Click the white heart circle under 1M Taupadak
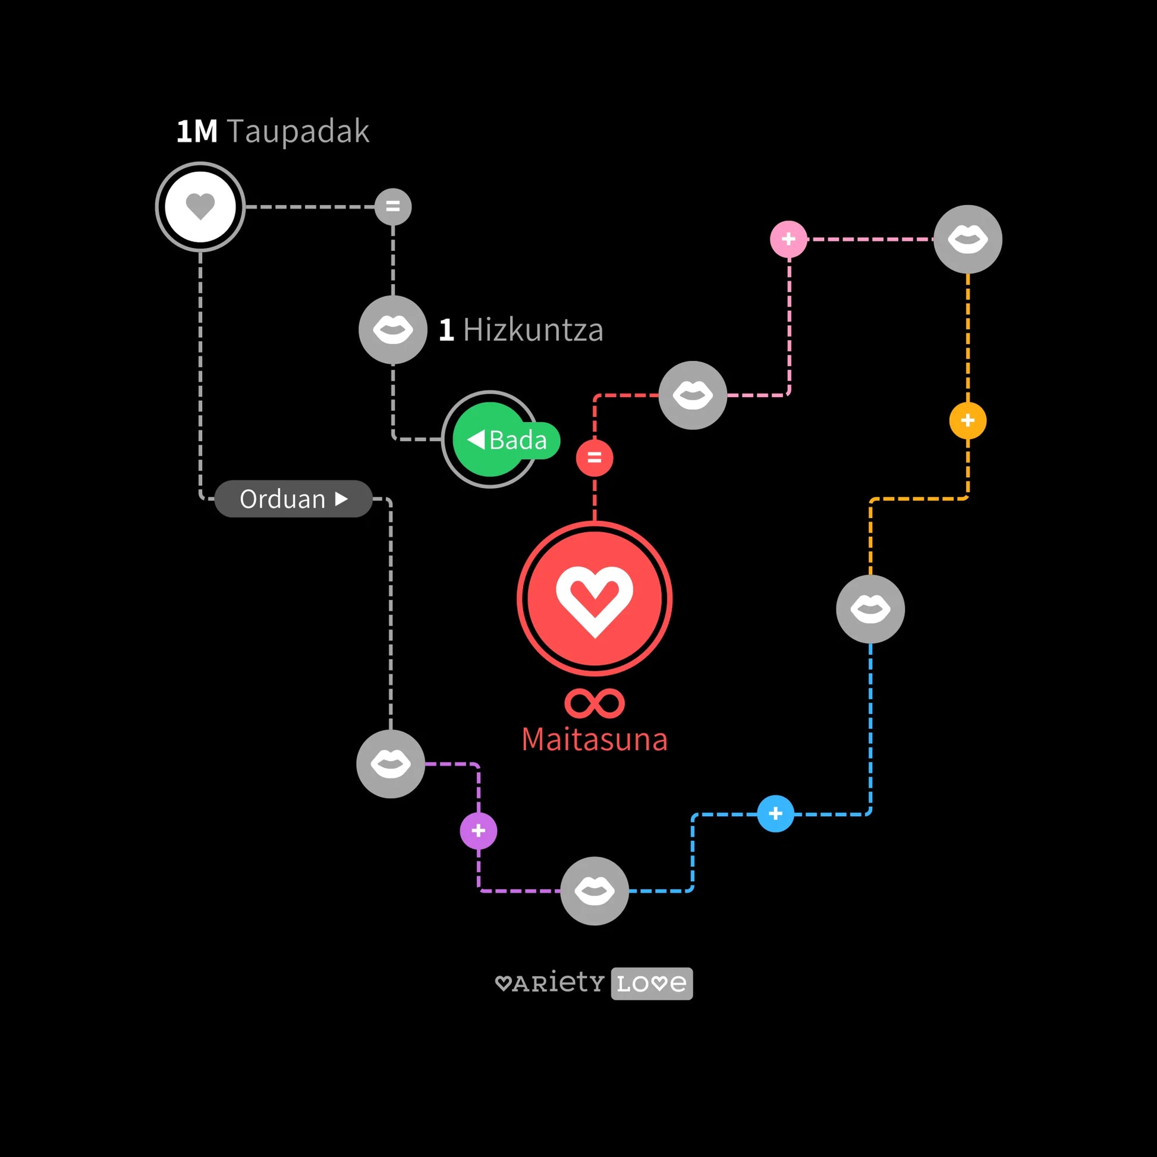pos(200,207)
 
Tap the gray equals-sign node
pos(393,207)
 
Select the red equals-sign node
pos(594,458)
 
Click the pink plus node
pos(789,239)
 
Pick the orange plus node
pos(968,420)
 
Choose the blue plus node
pos(775,814)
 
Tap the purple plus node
pos(479,831)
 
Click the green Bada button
pos(506,440)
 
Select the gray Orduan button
pos(293,499)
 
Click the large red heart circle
pos(594,599)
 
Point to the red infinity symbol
pos(594,703)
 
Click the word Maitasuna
pos(594,740)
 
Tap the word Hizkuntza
pos(533,330)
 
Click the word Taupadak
pos(298,131)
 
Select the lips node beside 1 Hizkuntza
pos(393,330)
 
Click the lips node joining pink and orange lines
pos(968,239)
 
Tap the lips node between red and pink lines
pos(693,395)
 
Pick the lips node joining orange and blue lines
pos(870,609)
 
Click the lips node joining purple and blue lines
pos(594,891)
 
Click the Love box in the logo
pos(652,983)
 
